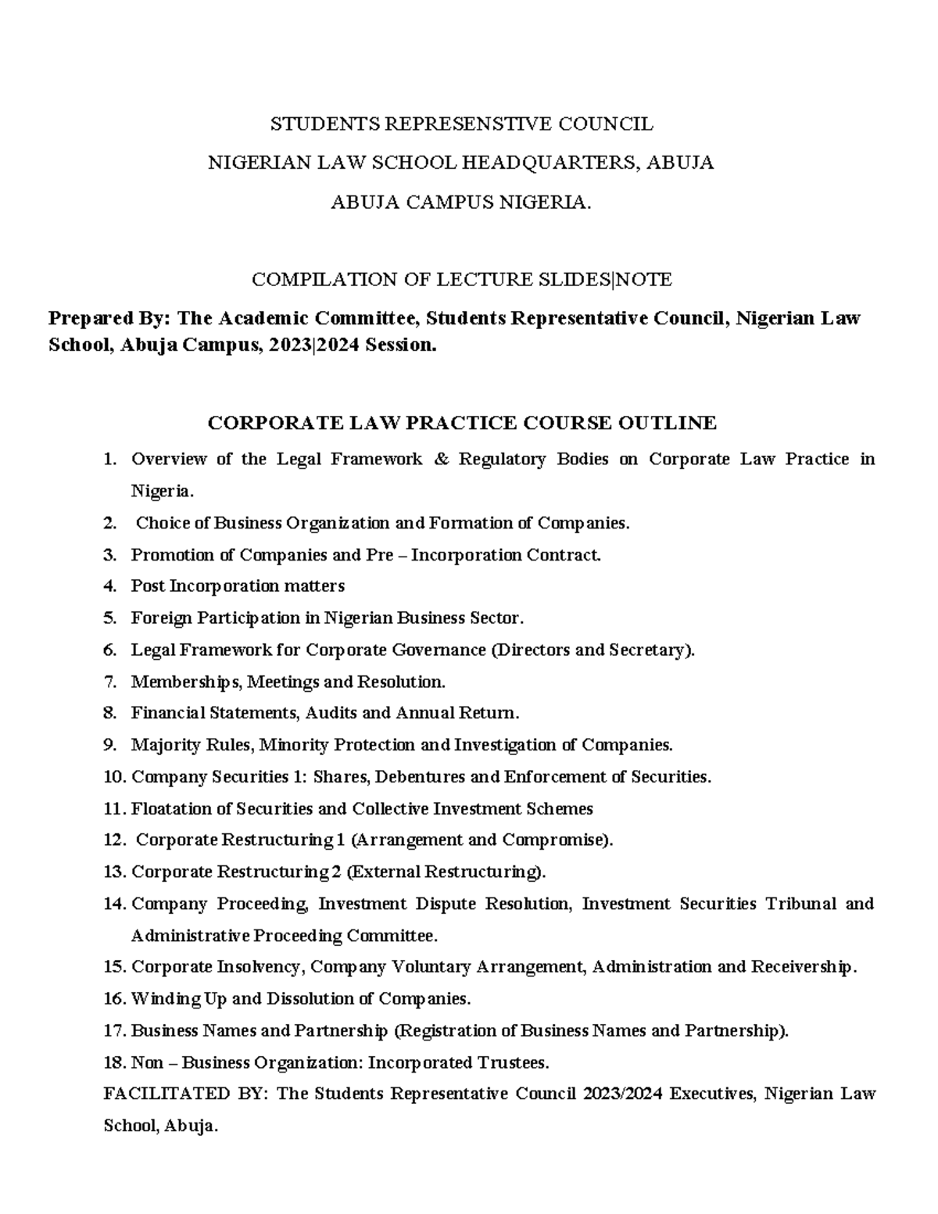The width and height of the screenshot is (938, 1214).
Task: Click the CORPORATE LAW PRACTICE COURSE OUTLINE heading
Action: click(x=461, y=423)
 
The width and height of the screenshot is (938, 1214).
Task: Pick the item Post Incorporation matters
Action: click(x=238, y=586)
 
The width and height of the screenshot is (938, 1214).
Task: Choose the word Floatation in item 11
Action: click(x=171, y=808)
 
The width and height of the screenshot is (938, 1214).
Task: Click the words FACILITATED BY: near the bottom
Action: click(x=185, y=1094)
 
